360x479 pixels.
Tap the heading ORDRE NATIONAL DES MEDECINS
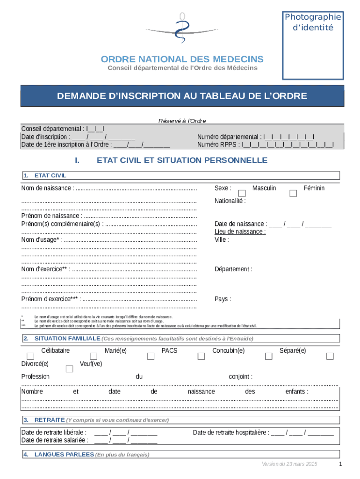pyautogui.click(x=182, y=59)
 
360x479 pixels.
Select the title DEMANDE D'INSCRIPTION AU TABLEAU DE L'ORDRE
pyautogui.click(x=182, y=96)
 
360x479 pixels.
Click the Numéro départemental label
pyautogui.click(x=229, y=137)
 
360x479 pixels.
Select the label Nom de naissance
pyautogui.click(x=47, y=188)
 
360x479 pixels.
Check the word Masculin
pyautogui.click(x=264, y=188)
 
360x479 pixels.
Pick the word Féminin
pyautogui.click(x=314, y=188)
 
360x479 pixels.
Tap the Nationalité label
pyautogui.click(x=230, y=201)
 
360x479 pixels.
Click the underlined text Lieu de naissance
pyautogui.click(x=240, y=232)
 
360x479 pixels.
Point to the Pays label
pyautogui.click(x=222, y=299)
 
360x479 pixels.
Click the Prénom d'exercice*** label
pyautogui.click(x=50, y=299)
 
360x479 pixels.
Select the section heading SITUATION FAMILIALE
pyautogui.click(x=67, y=338)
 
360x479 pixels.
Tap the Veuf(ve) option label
pyautogui.click(x=91, y=363)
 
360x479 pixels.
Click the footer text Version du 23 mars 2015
pyautogui.click(x=289, y=464)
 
